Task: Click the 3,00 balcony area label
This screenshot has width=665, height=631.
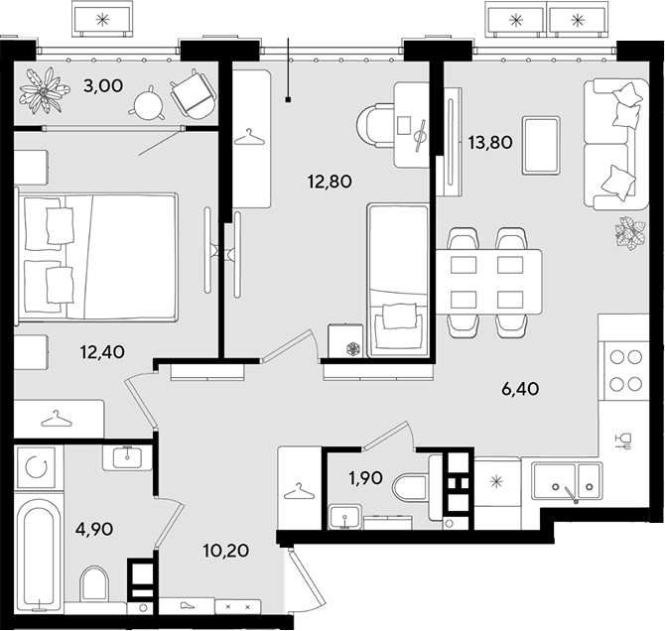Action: [x=103, y=86]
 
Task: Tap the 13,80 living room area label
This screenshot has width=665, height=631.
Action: [x=490, y=143]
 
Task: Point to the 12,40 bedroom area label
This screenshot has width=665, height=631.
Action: [x=102, y=351]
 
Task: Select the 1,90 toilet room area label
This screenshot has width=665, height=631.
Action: [x=365, y=478]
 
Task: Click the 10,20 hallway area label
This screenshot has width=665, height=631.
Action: [x=225, y=551]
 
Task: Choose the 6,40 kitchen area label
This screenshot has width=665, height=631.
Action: [x=520, y=389]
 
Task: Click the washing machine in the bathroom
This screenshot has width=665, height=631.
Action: [x=35, y=467]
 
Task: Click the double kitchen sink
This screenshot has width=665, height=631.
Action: [x=568, y=481]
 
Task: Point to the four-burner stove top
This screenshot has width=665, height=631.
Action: [x=625, y=370]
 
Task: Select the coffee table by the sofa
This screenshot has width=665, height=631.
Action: [x=541, y=146]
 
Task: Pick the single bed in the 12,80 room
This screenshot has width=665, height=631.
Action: [x=398, y=281]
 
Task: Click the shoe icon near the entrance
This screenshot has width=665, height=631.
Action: [x=187, y=605]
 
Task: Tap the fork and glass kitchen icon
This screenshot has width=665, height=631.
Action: [x=625, y=441]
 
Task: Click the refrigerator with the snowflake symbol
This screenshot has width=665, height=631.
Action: [x=497, y=482]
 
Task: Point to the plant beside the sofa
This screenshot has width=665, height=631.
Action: [x=630, y=233]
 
